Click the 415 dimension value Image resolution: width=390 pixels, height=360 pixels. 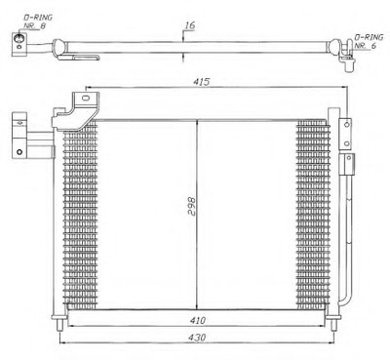pyautogui.click(x=202, y=82)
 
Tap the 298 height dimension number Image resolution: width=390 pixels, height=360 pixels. pyautogui.click(x=192, y=207)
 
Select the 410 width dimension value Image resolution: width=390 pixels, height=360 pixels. pyautogui.click(x=198, y=321)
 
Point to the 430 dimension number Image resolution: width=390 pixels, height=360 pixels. pyautogui.click(x=197, y=338)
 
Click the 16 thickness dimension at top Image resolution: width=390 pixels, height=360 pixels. pyautogui.click(x=190, y=25)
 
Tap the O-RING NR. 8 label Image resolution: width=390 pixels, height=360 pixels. pyautogui.click(x=38, y=21)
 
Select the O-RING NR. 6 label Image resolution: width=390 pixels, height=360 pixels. pyautogui.click(x=369, y=41)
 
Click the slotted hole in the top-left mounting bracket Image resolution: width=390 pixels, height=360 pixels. pyautogui.click(x=86, y=98)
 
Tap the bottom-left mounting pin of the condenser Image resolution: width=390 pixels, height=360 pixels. pyautogui.click(x=60, y=324)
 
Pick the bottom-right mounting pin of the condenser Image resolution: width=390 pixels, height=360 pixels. pyautogui.click(x=334, y=324)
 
